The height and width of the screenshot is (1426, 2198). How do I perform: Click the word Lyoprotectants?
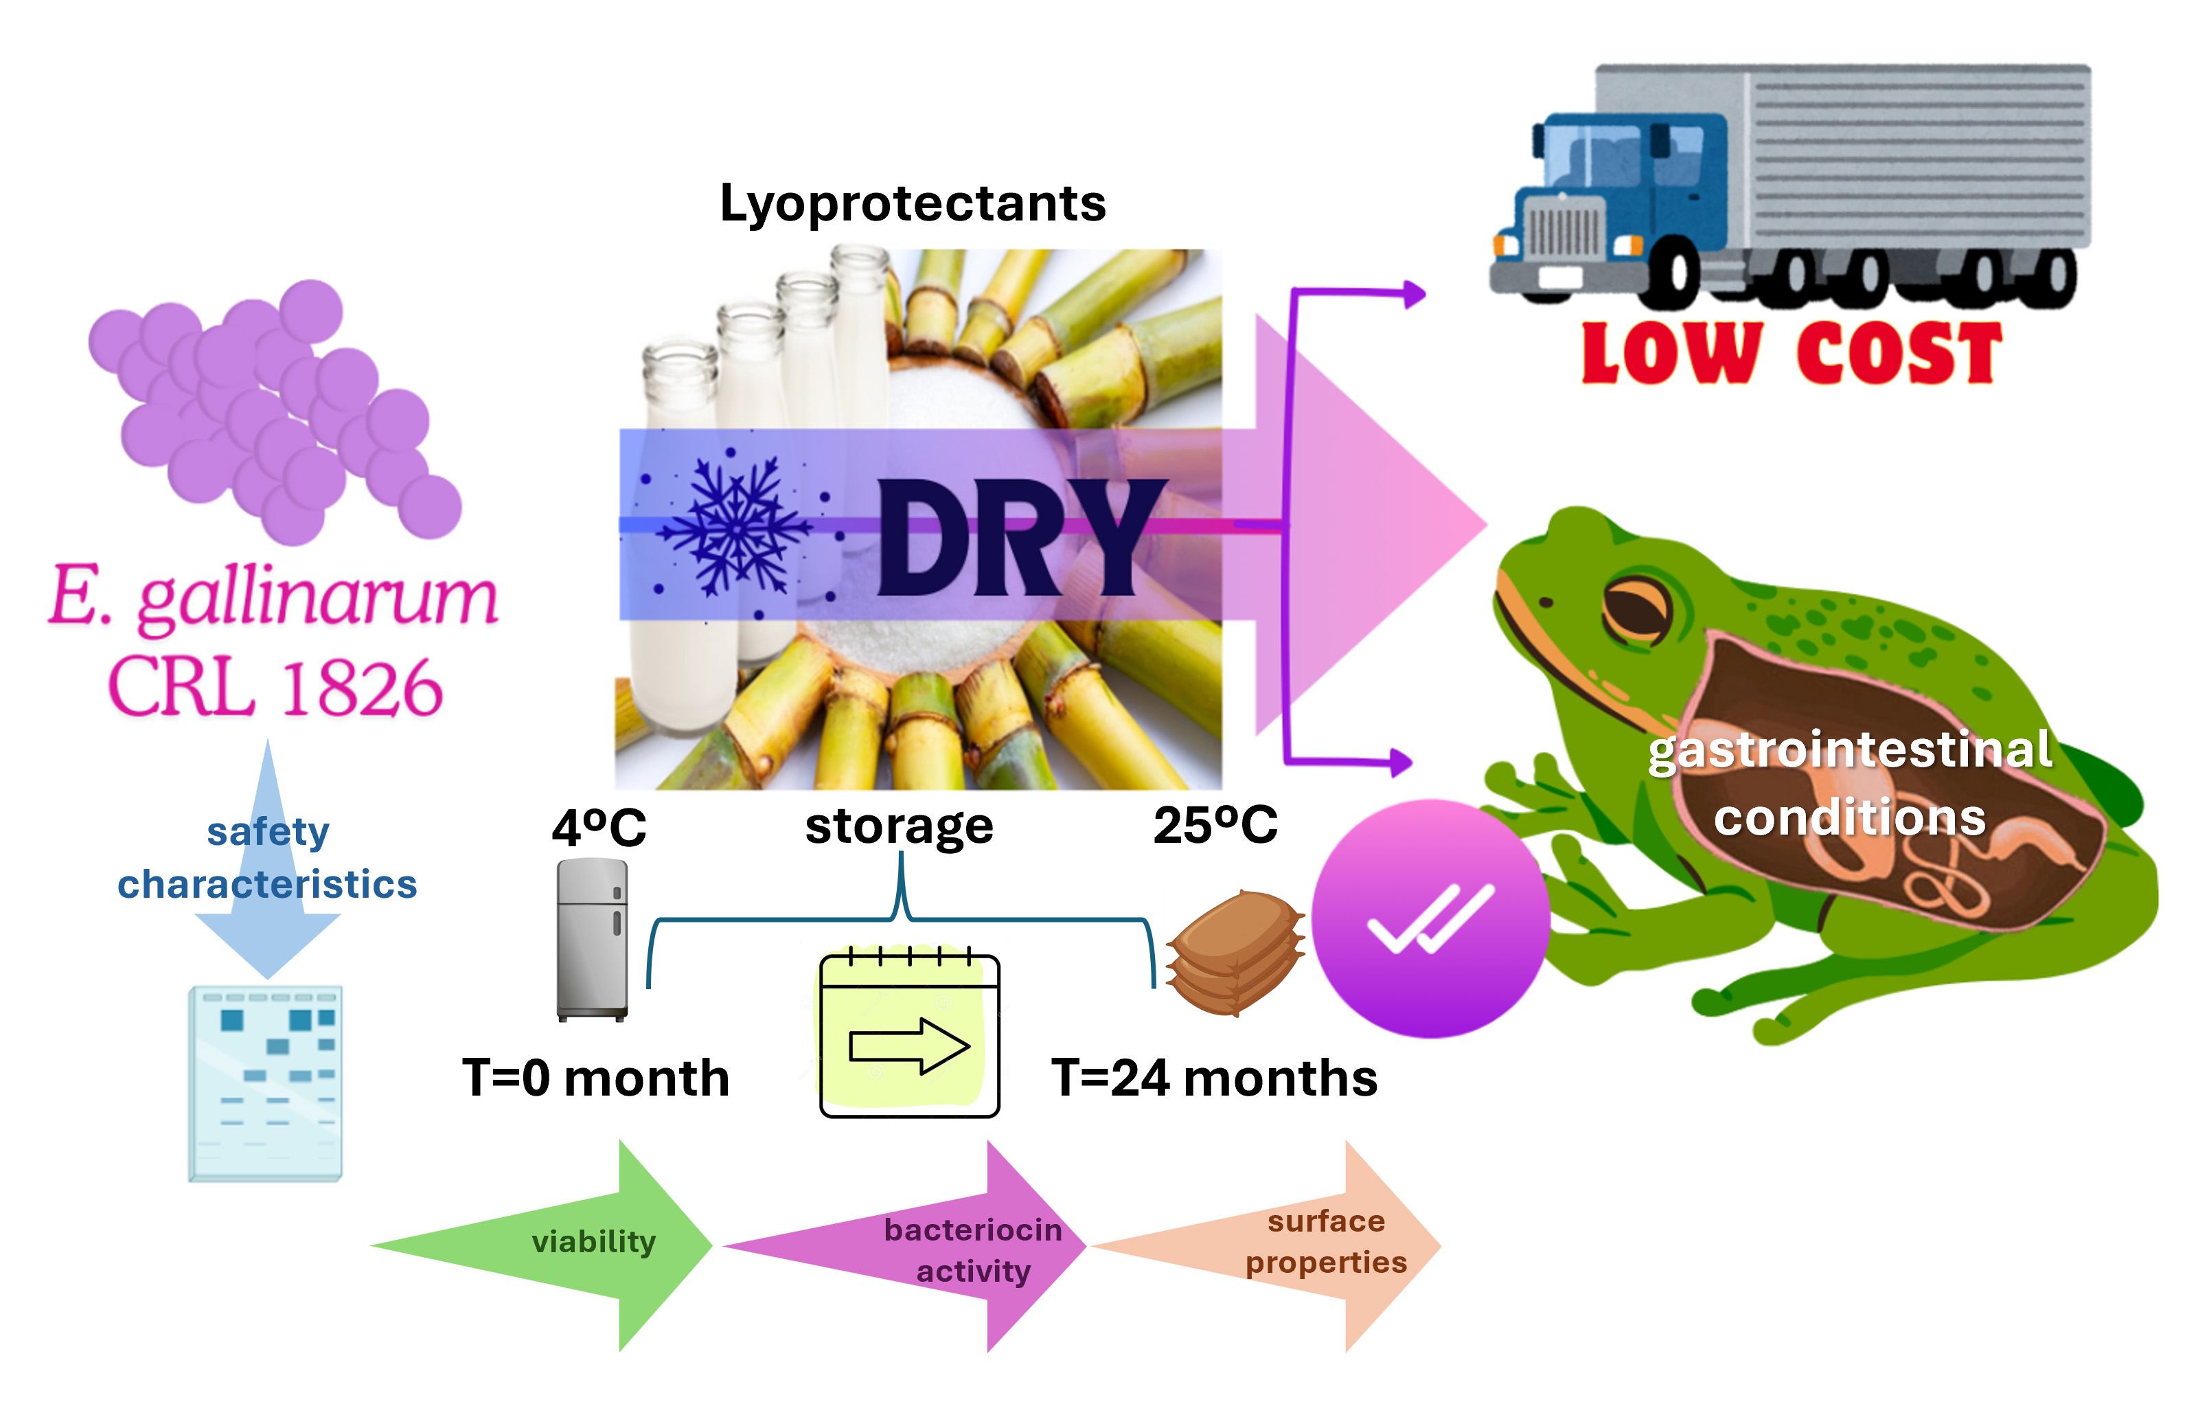coord(913,203)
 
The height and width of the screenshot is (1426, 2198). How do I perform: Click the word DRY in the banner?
coord(1020,539)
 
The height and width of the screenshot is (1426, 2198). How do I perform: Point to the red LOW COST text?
coord(1791,354)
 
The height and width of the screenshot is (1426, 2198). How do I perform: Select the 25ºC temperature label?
coord(1215,825)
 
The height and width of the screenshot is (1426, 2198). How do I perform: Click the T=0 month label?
coord(595,1078)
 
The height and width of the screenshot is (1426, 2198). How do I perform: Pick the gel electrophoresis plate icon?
coord(266,1083)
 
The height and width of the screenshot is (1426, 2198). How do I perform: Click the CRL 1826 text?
coord(275,688)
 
